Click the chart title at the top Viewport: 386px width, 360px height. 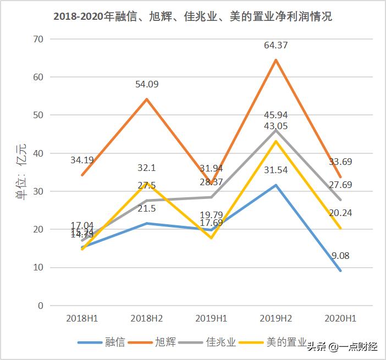pos(192,16)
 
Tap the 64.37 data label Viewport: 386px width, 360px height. pos(275,45)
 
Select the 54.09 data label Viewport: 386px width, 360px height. pos(147,84)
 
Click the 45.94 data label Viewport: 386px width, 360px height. pos(275,115)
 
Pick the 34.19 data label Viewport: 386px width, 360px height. pos(82,160)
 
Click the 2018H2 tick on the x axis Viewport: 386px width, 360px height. pos(147,318)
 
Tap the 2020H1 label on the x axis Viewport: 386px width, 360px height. pos(341,318)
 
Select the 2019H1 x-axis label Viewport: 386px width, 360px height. pos(211,318)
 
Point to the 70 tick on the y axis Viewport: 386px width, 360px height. pos(38,39)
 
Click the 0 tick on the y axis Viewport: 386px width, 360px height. pos(41,306)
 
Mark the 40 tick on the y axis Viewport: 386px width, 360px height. pos(38,153)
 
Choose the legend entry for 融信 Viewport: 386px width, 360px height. pos(102,342)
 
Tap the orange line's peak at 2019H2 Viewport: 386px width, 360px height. pos(275,59)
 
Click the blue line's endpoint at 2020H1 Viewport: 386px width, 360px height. pos(340,270)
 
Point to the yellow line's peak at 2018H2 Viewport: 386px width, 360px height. pos(147,183)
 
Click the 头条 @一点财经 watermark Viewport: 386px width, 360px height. pos(342,346)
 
